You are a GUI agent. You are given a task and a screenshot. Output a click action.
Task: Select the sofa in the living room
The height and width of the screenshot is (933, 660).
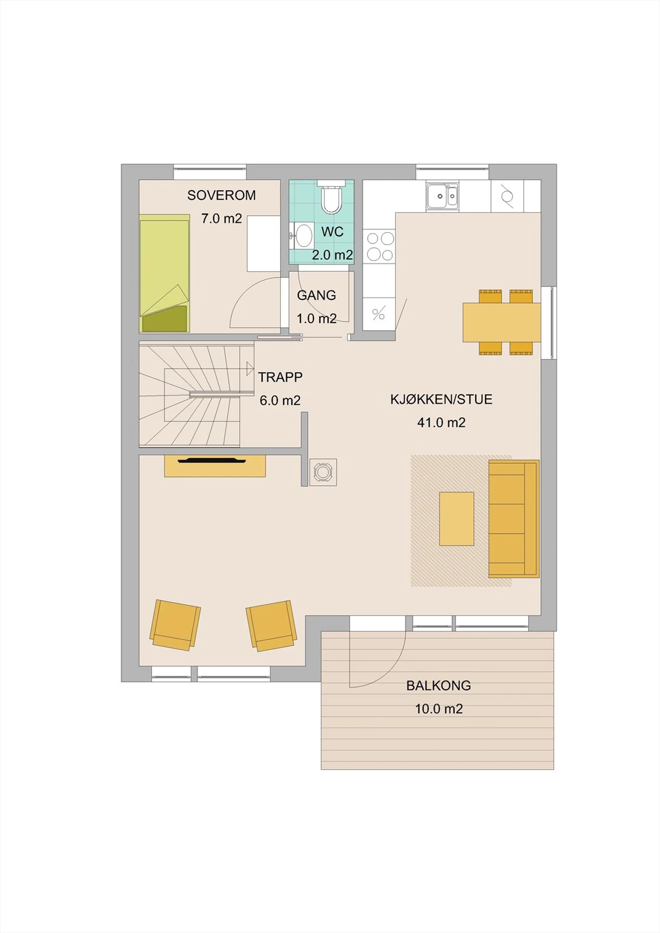[x=514, y=519]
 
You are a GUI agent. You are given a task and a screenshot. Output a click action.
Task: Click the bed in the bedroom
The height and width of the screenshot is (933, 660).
[x=165, y=273]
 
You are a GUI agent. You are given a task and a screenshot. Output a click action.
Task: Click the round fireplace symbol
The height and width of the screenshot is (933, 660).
[x=323, y=472]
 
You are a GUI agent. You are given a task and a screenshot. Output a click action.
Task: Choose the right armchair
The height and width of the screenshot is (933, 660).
[x=270, y=626]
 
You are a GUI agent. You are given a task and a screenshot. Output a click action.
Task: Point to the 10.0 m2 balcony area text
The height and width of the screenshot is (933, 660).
[x=439, y=709]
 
